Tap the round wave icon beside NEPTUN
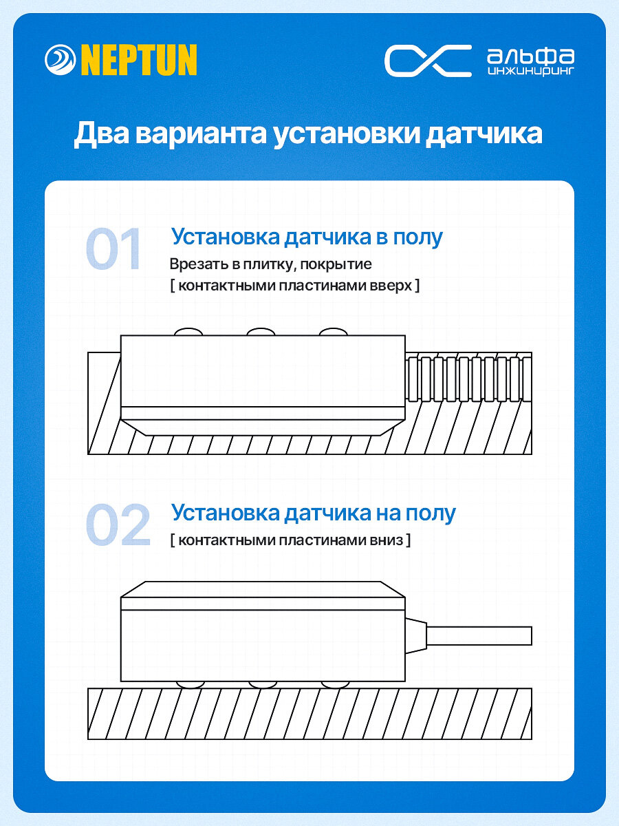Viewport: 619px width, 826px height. (x=61, y=61)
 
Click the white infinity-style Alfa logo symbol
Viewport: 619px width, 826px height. (x=427, y=61)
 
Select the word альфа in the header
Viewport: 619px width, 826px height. (x=530, y=54)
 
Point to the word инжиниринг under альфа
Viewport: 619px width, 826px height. (x=530, y=70)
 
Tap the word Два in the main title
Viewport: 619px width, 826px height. (x=101, y=134)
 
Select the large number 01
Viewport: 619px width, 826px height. (x=114, y=248)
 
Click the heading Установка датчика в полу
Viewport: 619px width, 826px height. (x=307, y=237)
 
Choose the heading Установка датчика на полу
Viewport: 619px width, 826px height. (x=313, y=513)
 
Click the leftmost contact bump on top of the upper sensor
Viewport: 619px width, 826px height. (x=188, y=332)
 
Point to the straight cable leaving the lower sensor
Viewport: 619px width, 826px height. (x=481, y=635)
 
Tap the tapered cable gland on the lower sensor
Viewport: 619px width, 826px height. (x=415, y=635)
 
